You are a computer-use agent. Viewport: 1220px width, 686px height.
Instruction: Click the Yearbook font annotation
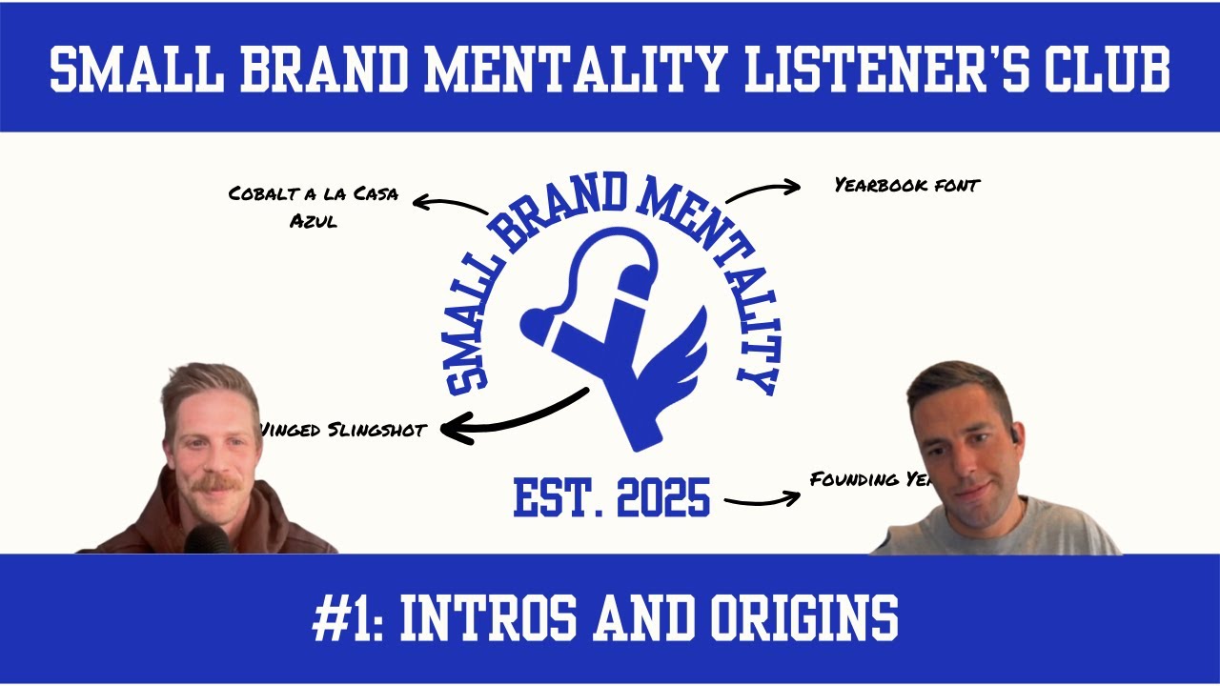(906, 186)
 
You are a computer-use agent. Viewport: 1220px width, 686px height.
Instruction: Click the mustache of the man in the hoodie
(218, 483)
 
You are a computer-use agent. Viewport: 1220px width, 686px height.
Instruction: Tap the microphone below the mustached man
(207, 540)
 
